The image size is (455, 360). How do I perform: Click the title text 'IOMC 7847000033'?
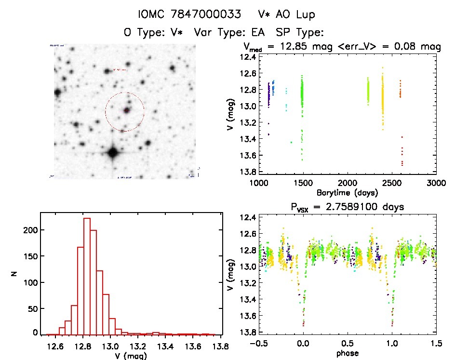(189, 14)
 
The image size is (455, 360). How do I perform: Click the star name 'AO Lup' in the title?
(294, 14)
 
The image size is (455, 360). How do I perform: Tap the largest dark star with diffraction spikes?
(113, 153)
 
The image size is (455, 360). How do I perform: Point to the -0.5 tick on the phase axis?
(259, 344)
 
